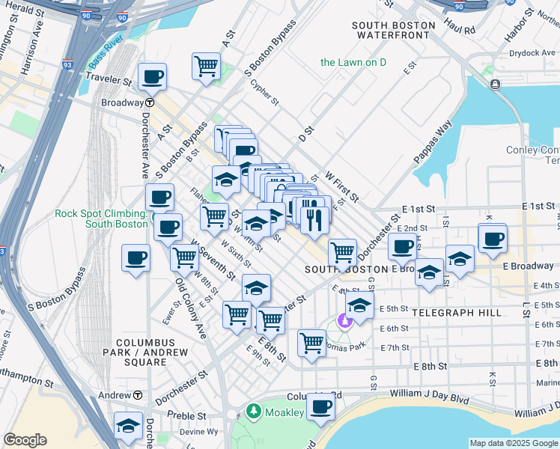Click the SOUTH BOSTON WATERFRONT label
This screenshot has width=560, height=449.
point(393,30)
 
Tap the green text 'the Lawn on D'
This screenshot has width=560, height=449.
point(353,62)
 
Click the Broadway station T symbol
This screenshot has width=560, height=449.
point(150,103)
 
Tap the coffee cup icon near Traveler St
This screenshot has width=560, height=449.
point(152,76)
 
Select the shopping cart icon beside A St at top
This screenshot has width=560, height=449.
point(206,65)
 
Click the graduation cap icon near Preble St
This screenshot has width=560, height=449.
point(129,425)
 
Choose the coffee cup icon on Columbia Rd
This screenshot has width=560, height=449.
point(320,406)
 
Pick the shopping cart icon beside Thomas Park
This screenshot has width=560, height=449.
point(311,343)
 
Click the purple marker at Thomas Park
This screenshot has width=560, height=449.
point(344,322)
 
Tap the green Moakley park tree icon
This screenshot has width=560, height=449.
point(254,412)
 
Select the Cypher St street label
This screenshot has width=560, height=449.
point(264,94)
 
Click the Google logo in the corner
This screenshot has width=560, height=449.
point(25,440)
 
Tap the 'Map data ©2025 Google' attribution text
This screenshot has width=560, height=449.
point(514,443)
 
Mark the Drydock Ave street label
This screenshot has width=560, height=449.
point(532,53)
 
